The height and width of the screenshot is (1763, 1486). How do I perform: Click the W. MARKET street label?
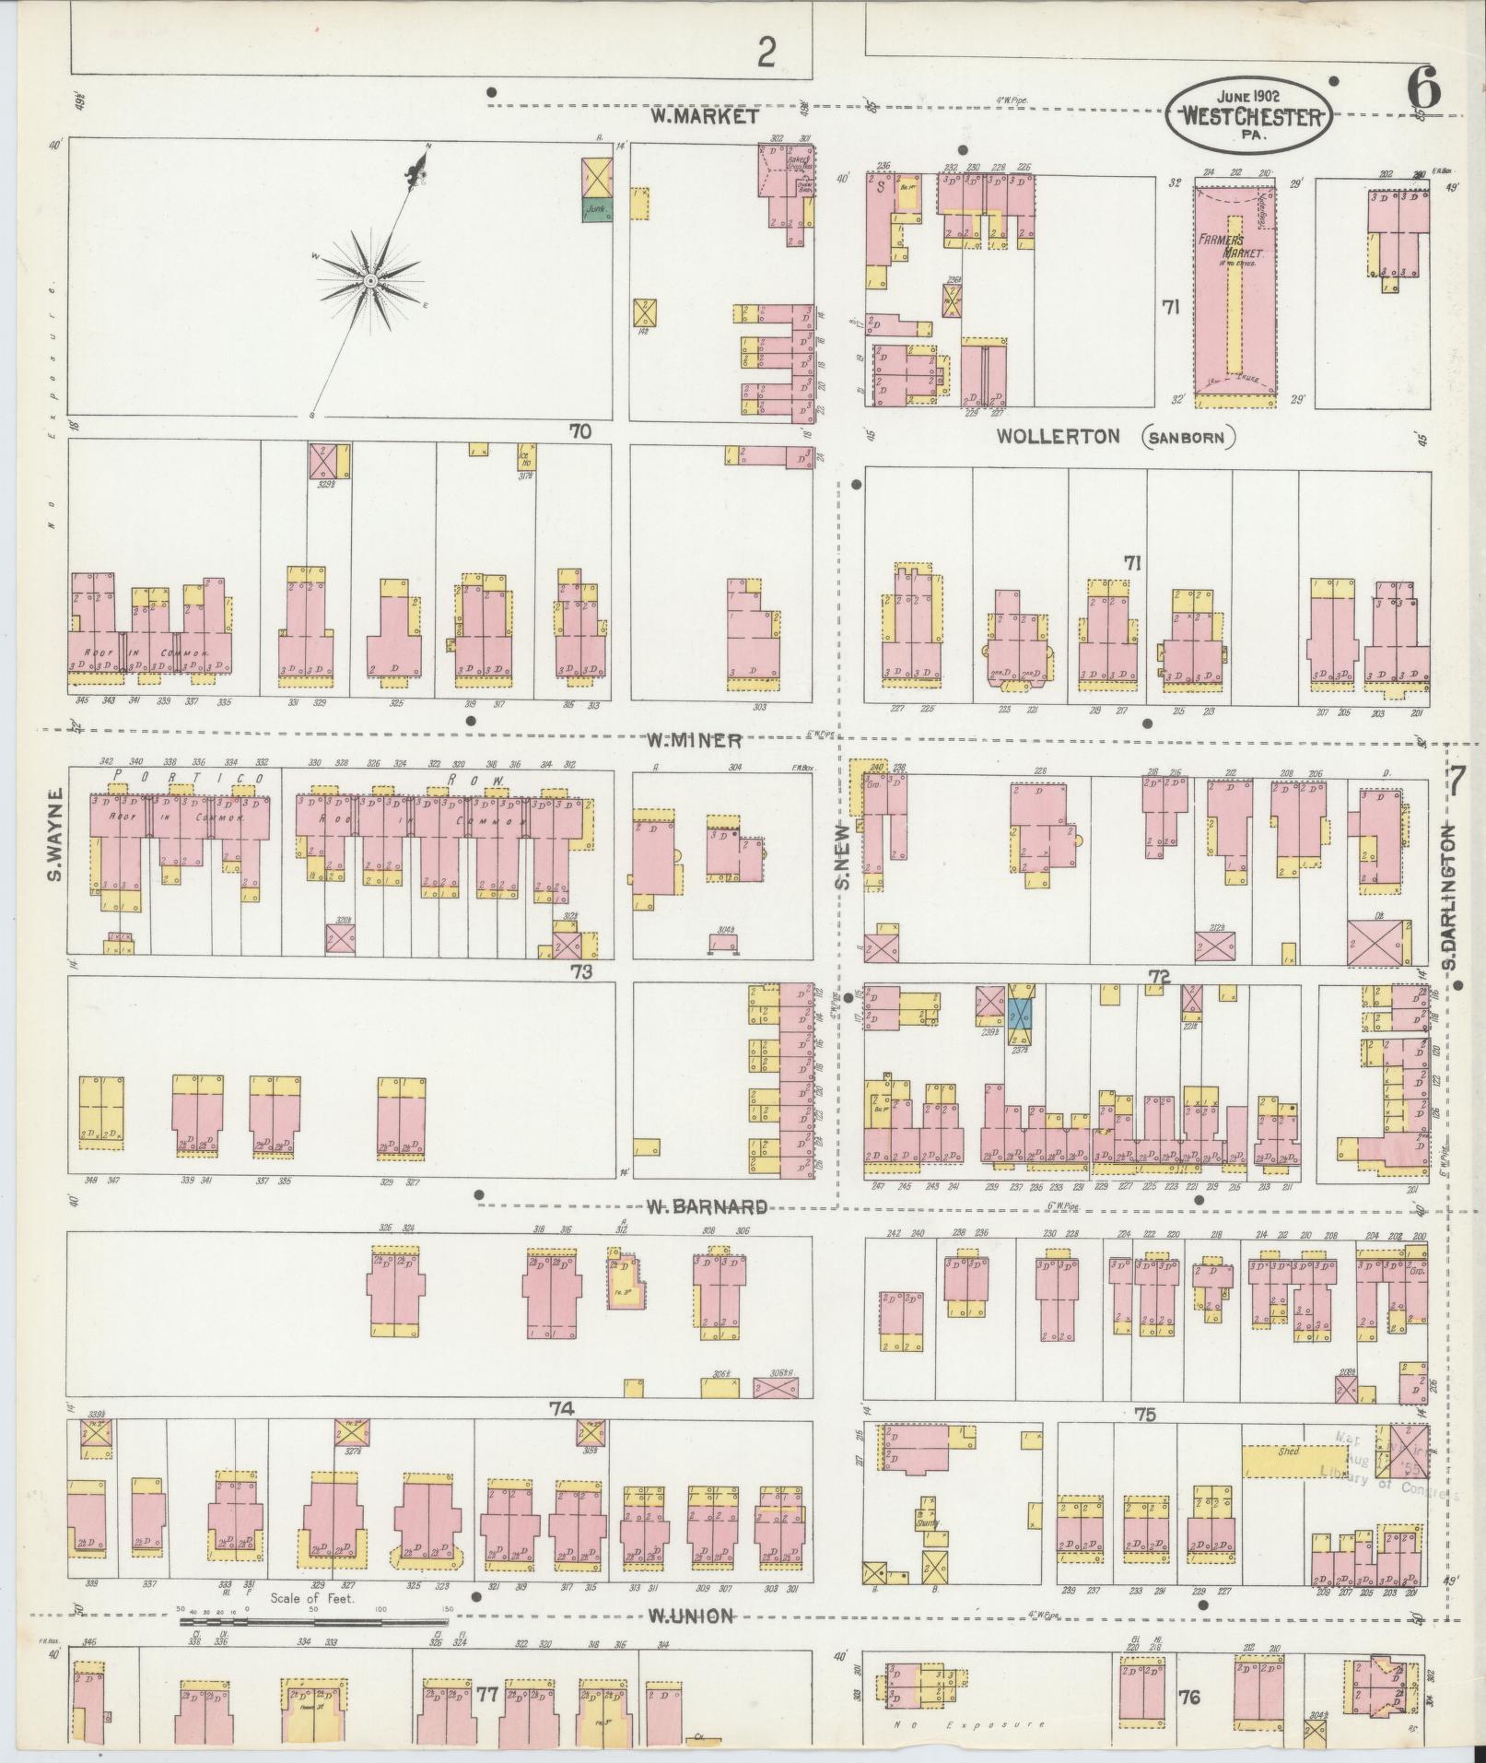705,117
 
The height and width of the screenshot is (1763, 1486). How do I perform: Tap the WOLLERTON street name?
1059,437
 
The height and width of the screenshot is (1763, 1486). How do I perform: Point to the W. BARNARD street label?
706,1206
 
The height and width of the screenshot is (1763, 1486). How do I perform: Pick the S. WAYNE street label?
55,834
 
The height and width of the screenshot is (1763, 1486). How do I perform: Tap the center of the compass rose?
369,280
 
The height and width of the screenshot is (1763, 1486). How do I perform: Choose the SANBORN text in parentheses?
1190,438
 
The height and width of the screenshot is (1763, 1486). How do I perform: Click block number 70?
579,430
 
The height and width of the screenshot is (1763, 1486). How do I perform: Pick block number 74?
562,1434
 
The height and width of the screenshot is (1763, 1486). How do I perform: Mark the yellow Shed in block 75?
1287,1477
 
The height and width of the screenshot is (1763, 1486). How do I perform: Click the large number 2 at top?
766,53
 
